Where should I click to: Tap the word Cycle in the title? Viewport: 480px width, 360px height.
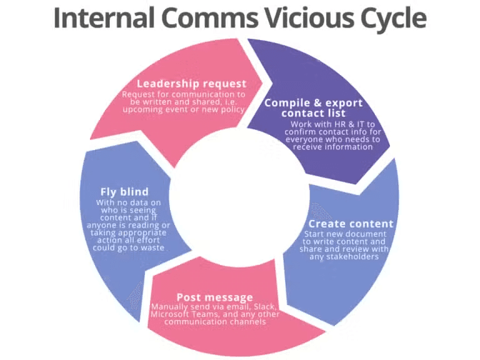point(390,19)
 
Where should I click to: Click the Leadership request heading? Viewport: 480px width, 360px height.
point(191,83)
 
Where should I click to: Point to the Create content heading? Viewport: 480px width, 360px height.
point(351,224)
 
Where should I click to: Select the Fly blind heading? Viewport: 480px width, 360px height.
point(124,191)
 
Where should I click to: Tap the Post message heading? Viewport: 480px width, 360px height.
point(214,297)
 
